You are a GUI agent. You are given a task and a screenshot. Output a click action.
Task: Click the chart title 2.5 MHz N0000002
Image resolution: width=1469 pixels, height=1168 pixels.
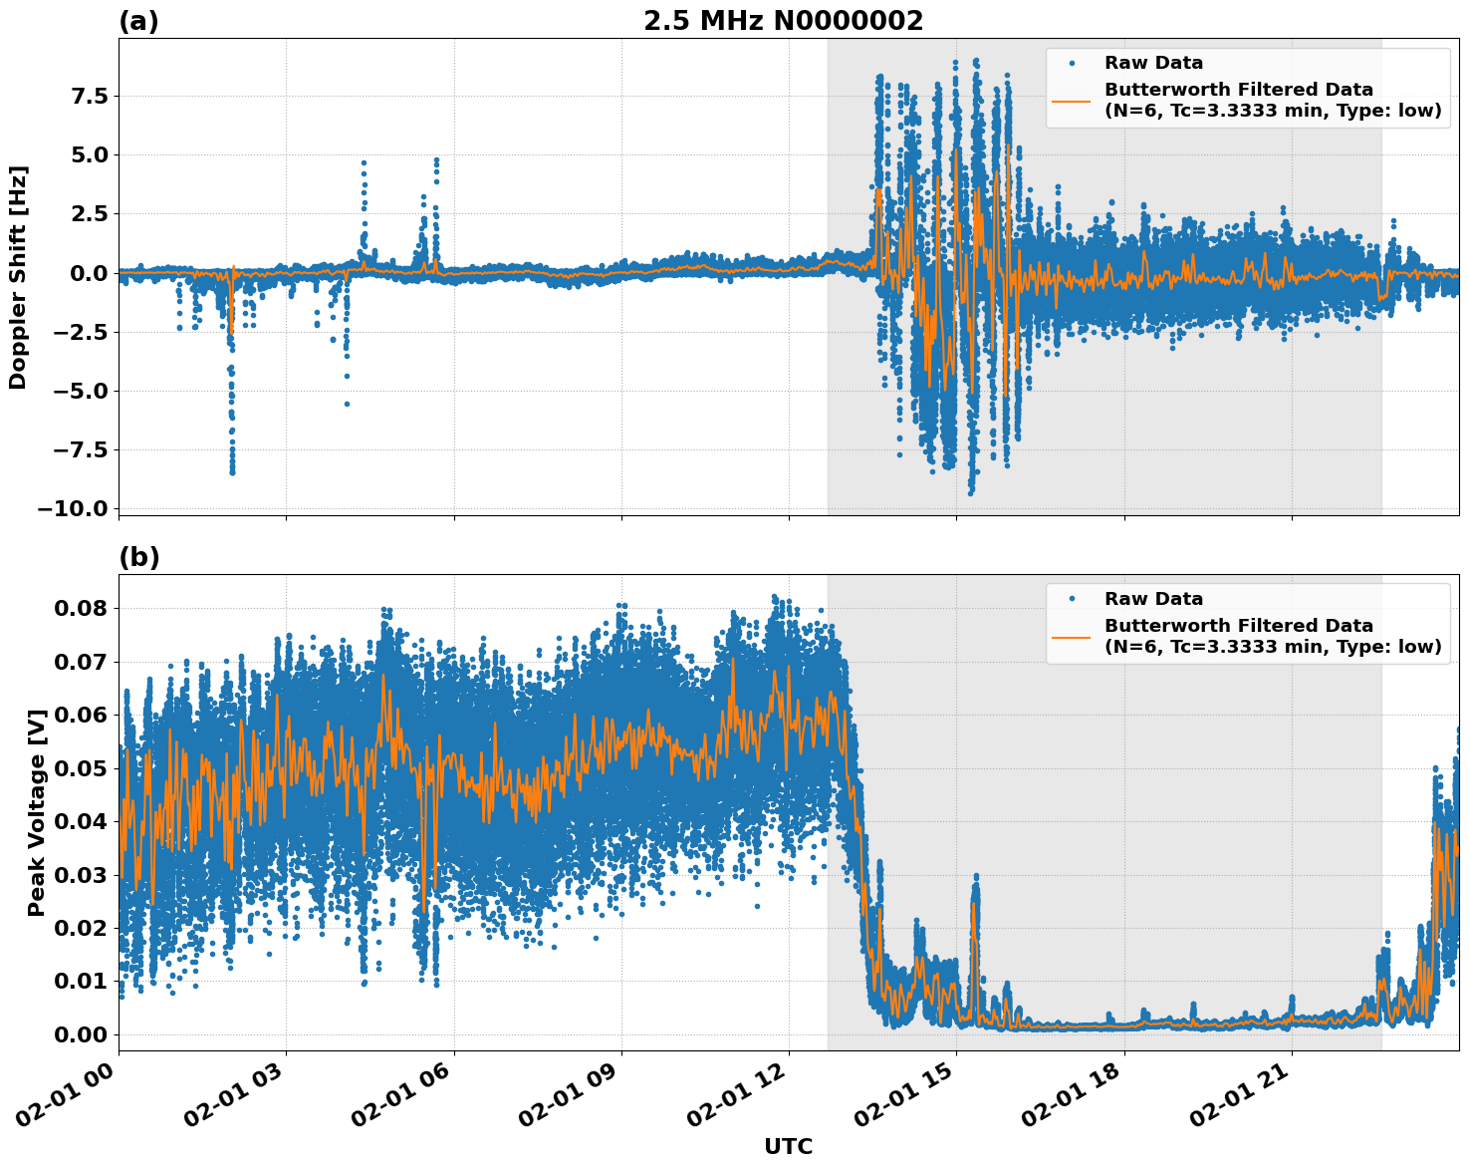pos(783,21)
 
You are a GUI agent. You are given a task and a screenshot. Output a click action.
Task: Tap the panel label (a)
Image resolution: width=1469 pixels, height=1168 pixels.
pos(138,21)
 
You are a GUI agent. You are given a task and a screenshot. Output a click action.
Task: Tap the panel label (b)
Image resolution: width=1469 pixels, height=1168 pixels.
pos(138,557)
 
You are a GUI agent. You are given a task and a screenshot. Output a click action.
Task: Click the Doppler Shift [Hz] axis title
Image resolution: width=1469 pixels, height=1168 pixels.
pos(18,277)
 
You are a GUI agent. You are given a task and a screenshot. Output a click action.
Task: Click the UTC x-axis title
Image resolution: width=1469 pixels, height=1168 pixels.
pos(788,1146)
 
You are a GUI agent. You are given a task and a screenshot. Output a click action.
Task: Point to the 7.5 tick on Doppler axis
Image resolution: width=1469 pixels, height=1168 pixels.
pos(89,97)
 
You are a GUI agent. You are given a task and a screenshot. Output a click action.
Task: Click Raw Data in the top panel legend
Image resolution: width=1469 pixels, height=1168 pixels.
pos(1153,63)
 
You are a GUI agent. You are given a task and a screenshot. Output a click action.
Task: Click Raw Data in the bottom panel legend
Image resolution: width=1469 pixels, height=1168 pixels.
pos(1153,599)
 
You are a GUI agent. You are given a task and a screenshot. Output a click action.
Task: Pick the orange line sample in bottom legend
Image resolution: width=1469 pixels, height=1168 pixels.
pos(1072,636)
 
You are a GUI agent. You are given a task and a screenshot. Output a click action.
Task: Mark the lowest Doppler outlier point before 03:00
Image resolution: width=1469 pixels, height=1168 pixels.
pos(232,472)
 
